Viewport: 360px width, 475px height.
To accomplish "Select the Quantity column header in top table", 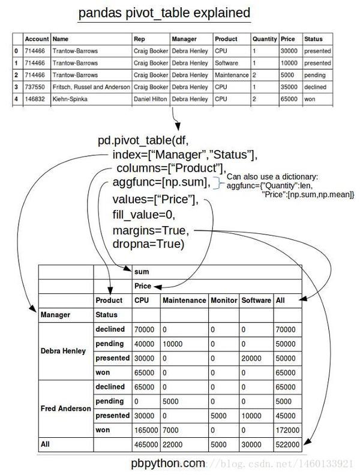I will (265, 39).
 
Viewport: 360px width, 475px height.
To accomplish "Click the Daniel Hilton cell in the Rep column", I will (151, 99).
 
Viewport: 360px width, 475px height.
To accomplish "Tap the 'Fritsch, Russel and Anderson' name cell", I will (91, 87).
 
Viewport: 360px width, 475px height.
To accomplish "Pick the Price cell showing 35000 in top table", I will (290, 87).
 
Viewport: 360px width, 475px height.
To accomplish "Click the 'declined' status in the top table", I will (316, 87).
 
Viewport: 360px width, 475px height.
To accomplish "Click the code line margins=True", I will (151, 231).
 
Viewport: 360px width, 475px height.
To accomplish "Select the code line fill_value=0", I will (144, 215).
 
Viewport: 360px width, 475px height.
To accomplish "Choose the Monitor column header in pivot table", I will (223, 300).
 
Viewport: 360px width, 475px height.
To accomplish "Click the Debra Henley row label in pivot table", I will (64, 350).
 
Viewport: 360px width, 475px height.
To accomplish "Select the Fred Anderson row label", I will (65, 408).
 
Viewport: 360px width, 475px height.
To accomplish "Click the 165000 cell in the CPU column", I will (144, 429).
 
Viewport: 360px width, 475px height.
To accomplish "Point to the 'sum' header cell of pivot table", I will (142, 272).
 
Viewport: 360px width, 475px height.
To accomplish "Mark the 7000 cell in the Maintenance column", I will (172, 429).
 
